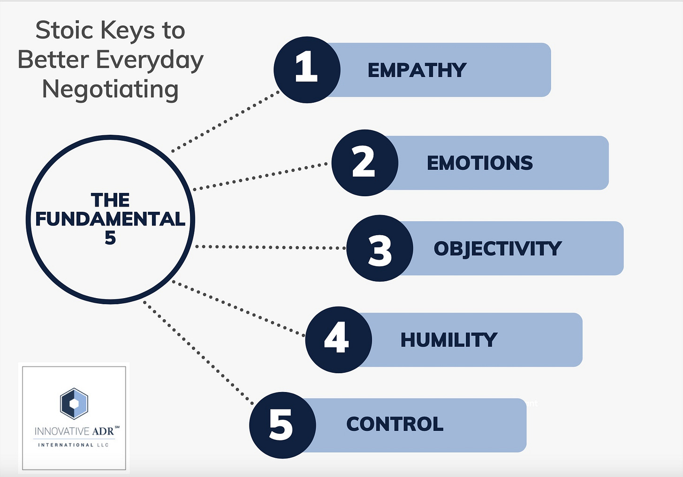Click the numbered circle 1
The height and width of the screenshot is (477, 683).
(307, 69)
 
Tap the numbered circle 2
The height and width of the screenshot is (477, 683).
(364, 162)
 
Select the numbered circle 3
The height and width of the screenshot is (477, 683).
(379, 248)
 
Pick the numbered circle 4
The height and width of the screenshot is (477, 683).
(338, 339)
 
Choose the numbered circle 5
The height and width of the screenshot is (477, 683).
(282, 425)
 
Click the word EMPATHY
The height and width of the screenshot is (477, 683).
(417, 70)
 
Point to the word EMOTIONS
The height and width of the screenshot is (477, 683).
(479, 163)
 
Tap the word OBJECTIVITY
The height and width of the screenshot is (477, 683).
(497, 249)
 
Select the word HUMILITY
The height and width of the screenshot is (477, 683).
(448, 340)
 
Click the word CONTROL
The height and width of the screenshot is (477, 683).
(395, 424)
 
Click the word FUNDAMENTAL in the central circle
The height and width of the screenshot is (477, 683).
(110, 219)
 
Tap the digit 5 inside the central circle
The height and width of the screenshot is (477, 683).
(110, 238)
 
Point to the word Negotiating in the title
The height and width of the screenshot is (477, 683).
(110, 89)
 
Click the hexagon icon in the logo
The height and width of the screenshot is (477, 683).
(74, 403)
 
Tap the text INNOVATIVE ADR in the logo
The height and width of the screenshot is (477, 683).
(74, 431)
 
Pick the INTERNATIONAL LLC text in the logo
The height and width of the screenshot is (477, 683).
(73, 445)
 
